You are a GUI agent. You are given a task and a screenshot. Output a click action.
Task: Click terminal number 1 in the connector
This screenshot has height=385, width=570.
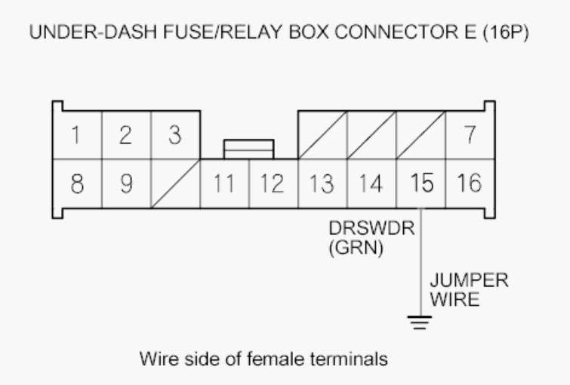(x=77, y=135)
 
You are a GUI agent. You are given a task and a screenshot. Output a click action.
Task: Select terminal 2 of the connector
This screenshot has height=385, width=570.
(x=126, y=135)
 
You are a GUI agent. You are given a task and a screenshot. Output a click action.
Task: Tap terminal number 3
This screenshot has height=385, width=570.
(x=175, y=135)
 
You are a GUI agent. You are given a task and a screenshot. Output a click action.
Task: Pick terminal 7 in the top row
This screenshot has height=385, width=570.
(x=470, y=135)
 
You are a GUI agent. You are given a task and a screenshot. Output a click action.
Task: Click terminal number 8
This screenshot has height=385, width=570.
(x=77, y=183)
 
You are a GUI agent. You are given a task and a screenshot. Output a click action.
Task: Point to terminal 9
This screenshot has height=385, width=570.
(x=126, y=183)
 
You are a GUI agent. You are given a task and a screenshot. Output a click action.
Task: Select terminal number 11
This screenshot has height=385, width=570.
(x=224, y=183)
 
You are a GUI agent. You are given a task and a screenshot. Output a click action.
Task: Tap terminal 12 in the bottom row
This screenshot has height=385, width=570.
(x=273, y=183)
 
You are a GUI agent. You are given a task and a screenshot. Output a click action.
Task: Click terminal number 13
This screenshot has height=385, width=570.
(x=322, y=183)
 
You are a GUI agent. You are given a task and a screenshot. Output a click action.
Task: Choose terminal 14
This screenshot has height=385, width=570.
(x=371, y=183)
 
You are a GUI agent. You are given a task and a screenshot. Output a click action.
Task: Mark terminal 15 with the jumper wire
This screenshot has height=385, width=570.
(x=421, y=183)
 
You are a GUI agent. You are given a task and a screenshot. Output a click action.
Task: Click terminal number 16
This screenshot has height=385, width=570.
(x=470, y=183)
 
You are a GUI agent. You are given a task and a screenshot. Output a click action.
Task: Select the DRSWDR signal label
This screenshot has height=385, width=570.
(x=371, y=228)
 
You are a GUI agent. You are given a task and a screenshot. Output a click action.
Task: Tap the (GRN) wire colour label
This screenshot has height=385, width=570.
(x=356, y=248)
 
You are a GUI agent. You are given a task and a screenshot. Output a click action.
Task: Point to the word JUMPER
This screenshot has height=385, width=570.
(x=469, y=280)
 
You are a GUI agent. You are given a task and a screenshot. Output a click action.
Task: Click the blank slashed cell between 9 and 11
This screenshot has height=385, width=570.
(x=175, y=183)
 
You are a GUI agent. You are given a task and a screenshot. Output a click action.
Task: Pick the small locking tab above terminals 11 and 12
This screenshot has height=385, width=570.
(x=249, y=149)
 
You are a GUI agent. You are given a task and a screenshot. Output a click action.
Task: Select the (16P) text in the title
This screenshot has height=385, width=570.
(x=506, y=32)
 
